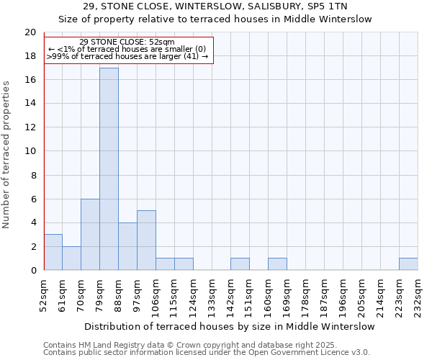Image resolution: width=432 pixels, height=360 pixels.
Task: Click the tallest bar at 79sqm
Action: coord(109,169)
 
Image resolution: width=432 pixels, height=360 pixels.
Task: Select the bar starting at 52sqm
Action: coord(53,252)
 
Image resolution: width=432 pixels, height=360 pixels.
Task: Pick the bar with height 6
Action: coord(90,235)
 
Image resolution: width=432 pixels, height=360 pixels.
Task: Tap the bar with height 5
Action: coord(146,240)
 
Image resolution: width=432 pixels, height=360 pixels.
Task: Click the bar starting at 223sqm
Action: coord(408,264)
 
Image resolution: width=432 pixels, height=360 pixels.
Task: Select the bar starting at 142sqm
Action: coord(240,264)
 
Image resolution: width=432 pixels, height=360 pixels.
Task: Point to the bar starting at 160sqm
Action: coord(277,264)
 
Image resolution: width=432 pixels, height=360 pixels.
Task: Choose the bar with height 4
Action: coord(127,246)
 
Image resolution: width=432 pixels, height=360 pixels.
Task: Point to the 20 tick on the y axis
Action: coord(30,32)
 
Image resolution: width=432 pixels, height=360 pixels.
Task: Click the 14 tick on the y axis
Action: coord(30,104)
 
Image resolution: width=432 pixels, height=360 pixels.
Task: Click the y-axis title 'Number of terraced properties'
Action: coord(7,154)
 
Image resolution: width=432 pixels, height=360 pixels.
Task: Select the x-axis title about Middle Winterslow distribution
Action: coord(235,326)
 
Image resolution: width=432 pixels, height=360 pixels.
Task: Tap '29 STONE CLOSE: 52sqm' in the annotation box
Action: coord(127,42)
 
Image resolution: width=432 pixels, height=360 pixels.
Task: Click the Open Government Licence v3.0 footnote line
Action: coord(207,352)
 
